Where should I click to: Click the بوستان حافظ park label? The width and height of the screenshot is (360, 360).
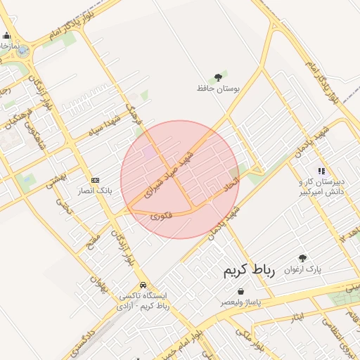click(218, 89)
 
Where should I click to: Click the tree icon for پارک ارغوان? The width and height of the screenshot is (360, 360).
click(302, 258)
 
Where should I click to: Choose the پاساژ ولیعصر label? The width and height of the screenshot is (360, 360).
click(241, 302)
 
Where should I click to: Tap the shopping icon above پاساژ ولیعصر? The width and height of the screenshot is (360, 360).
click(241, 290)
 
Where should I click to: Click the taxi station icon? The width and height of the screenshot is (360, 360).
click(143, 285)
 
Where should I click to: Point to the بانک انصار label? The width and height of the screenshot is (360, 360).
click(96, 191)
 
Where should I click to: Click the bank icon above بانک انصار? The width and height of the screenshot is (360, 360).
click(96, 179)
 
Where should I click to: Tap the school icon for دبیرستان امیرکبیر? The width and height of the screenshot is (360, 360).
click(321, 170)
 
